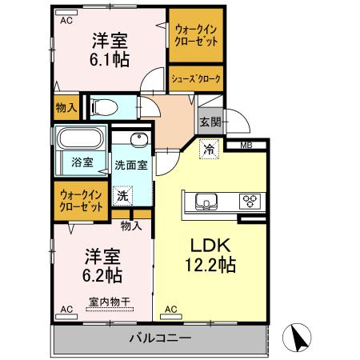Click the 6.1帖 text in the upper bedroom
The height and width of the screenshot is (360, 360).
[x=110, y=60]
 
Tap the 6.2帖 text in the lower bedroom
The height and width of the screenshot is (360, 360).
[x=103, y=275]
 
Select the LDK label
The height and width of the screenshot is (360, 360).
[x=206, y=245]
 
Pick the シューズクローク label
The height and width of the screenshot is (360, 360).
[x=196, y=80]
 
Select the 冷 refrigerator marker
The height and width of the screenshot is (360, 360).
[x=208, y=149]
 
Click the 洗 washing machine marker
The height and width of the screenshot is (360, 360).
[x=122, y=194]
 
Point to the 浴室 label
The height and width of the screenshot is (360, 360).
[x=82, y=162]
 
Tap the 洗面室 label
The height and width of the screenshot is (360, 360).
[x=131, y=165]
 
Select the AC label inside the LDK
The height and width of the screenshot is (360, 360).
[x=170, y=309]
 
